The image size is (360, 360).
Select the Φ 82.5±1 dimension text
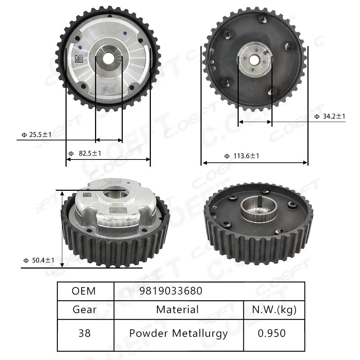(x=85, y=153)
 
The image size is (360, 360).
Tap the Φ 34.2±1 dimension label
(x=330, y=116)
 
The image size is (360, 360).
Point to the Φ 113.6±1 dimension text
(x=242, y=156)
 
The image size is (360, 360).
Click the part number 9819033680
(x=171, y=291)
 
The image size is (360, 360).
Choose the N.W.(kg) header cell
(x=274, y=310)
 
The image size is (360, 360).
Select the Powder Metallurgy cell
(x=178, y=333)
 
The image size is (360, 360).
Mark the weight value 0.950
(x=272, y=333)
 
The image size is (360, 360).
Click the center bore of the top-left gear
(x=108, y=57)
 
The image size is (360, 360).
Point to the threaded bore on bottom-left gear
(x=114, y=196)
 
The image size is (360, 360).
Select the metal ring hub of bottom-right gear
(x=258, y=209)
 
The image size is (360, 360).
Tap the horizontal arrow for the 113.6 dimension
(x=255, y=163)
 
